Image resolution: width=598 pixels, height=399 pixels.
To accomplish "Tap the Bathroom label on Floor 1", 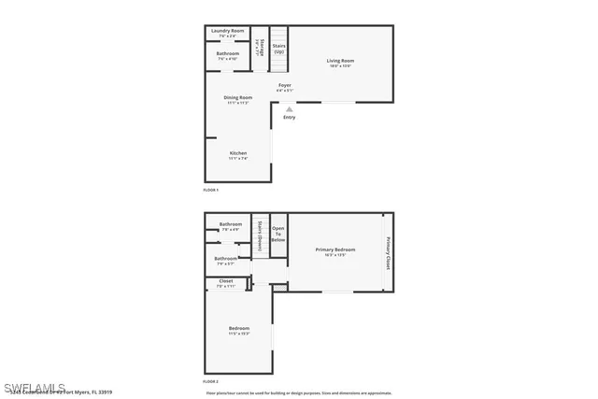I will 227,54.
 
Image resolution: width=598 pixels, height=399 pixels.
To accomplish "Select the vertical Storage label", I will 263,49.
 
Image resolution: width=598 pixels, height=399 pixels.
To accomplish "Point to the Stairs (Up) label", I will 279,48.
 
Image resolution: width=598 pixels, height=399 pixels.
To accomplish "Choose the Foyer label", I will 285,87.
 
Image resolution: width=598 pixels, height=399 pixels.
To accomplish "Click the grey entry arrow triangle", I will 289,108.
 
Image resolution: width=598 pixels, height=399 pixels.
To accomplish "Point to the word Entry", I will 289,118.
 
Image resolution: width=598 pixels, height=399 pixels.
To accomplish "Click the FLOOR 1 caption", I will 210,190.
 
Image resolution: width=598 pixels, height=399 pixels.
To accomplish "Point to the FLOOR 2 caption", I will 210,382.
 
